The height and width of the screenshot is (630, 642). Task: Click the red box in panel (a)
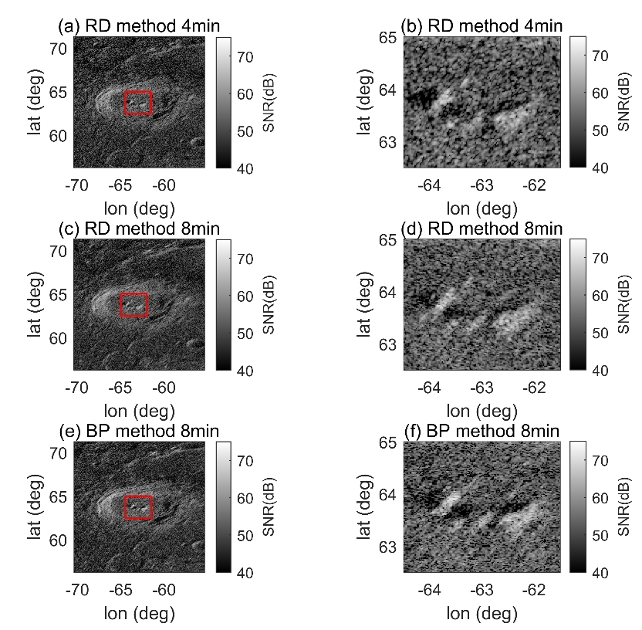click(138, 103)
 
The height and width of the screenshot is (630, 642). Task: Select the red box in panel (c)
click(133, 304)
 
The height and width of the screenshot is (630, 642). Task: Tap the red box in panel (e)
click(138, 506)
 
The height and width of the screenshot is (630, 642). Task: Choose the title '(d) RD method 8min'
click(486, 229)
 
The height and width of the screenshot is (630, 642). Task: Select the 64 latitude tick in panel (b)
click(387, 90)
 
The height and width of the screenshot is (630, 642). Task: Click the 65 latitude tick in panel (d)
click(387, 240)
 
